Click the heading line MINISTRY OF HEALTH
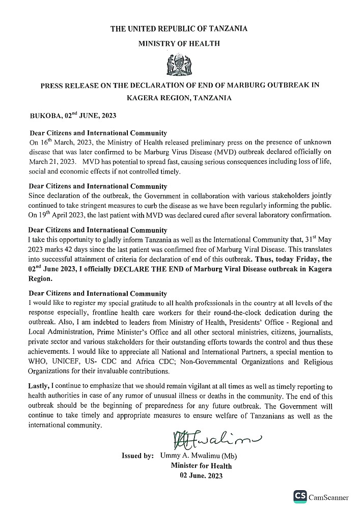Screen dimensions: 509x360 pyautogui.click(x=179, y=44)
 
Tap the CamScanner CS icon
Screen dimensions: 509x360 pyautogui.click(x=300, y=497)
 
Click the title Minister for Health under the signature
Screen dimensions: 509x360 pyautogui.click(x=201, y=466)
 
